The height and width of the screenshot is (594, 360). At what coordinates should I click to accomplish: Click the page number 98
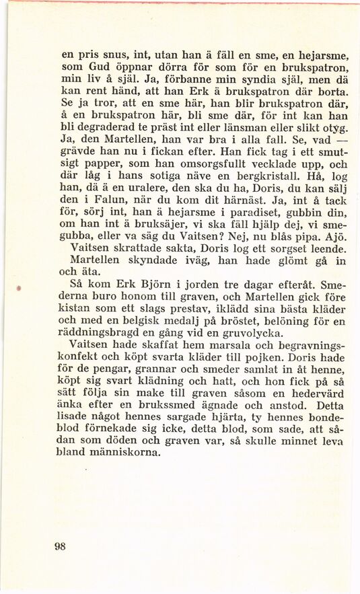tap(60, 546)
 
